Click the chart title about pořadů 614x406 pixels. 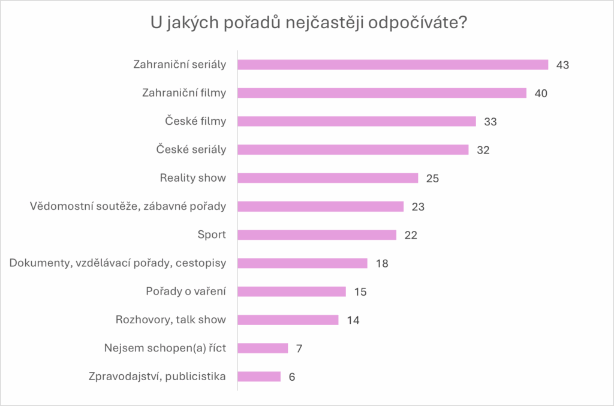(x=307, y=25)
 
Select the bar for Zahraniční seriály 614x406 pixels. (x=393, y=65)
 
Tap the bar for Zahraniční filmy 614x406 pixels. (x=382, y=93)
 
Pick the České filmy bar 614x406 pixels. (x=357, y=121)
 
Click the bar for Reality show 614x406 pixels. (x=328, y=178)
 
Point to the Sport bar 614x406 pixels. (x=317, y=234)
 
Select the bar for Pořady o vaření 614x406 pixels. (x=292, y=291)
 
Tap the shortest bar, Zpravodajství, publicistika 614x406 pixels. (x=259, y=377)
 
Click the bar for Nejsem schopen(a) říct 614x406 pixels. (x=263, y=348)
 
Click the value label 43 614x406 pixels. (x=562, y=65)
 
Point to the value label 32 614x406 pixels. (x=483, y=150)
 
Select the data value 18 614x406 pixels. (x=381, y=263)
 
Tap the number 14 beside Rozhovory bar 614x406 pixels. (x=353, y=320)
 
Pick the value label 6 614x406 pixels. (x=292, y=377)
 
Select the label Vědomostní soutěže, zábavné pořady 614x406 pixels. (x=128, y=206)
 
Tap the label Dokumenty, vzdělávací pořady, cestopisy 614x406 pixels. (x=118, y=263)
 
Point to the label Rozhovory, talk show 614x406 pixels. (x=170, y=320)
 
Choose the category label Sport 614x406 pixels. (x=212, y=234)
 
